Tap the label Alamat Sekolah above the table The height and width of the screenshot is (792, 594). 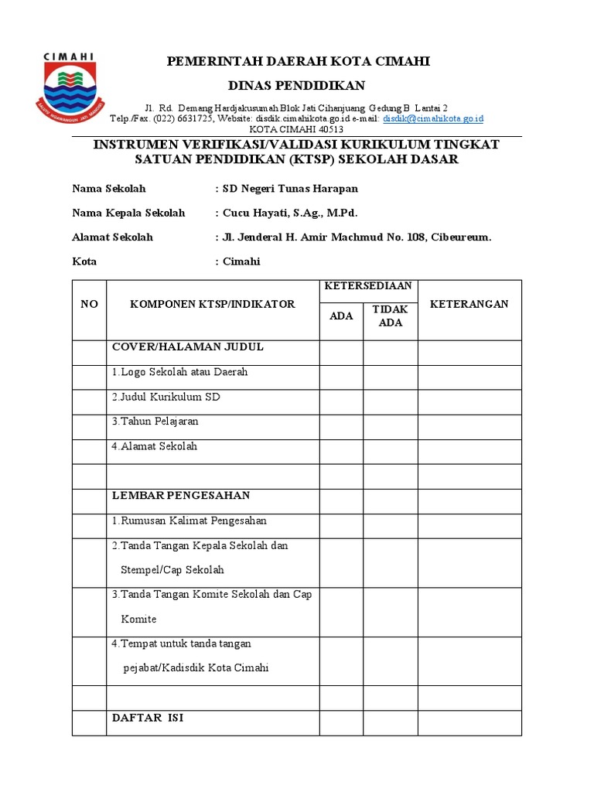click(x=112, y=237)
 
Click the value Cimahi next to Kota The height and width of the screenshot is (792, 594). click(x=241, y=261)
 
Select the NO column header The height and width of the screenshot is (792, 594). click(x=89, y=304)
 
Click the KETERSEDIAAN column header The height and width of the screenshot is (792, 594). click(x=369, y=286)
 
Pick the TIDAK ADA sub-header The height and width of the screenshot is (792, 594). click(x=390, y=316)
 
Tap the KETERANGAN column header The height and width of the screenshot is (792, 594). click(x=469, y=304)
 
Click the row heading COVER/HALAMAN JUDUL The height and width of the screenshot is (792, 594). click(x=188, y=346)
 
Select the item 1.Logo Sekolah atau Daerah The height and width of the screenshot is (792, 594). click(x=179, y=372)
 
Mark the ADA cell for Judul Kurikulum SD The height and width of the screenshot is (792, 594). click(x=341, y=402)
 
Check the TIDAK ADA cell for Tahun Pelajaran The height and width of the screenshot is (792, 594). click(x=390, y=427)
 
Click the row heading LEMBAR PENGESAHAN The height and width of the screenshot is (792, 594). click(x=181, y=495)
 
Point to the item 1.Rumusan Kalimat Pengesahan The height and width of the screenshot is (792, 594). click(x=189, y=521)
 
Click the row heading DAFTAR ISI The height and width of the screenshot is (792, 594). click(x=148, y=719)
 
